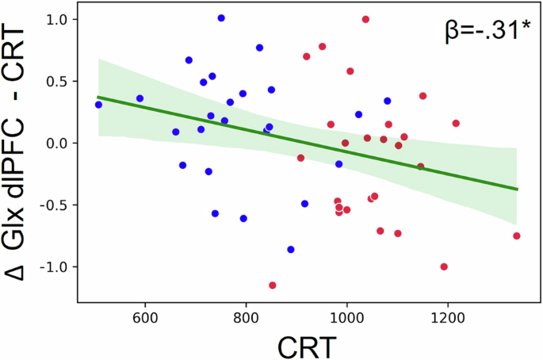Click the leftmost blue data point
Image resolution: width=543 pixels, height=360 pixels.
pyautogui.click(x=98, y=105)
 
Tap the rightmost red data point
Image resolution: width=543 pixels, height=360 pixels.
pyautogui.click(x=517, y=236)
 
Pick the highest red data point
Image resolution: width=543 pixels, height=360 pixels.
pyautogui.click(x=365, y=19)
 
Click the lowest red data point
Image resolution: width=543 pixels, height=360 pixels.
pyautogui.click(x=273, y=285)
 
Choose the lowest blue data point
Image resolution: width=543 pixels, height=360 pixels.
pyautogui.click(x=291, y=249)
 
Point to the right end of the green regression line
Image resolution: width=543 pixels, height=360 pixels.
pyautogui.click(x=517, y=189)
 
